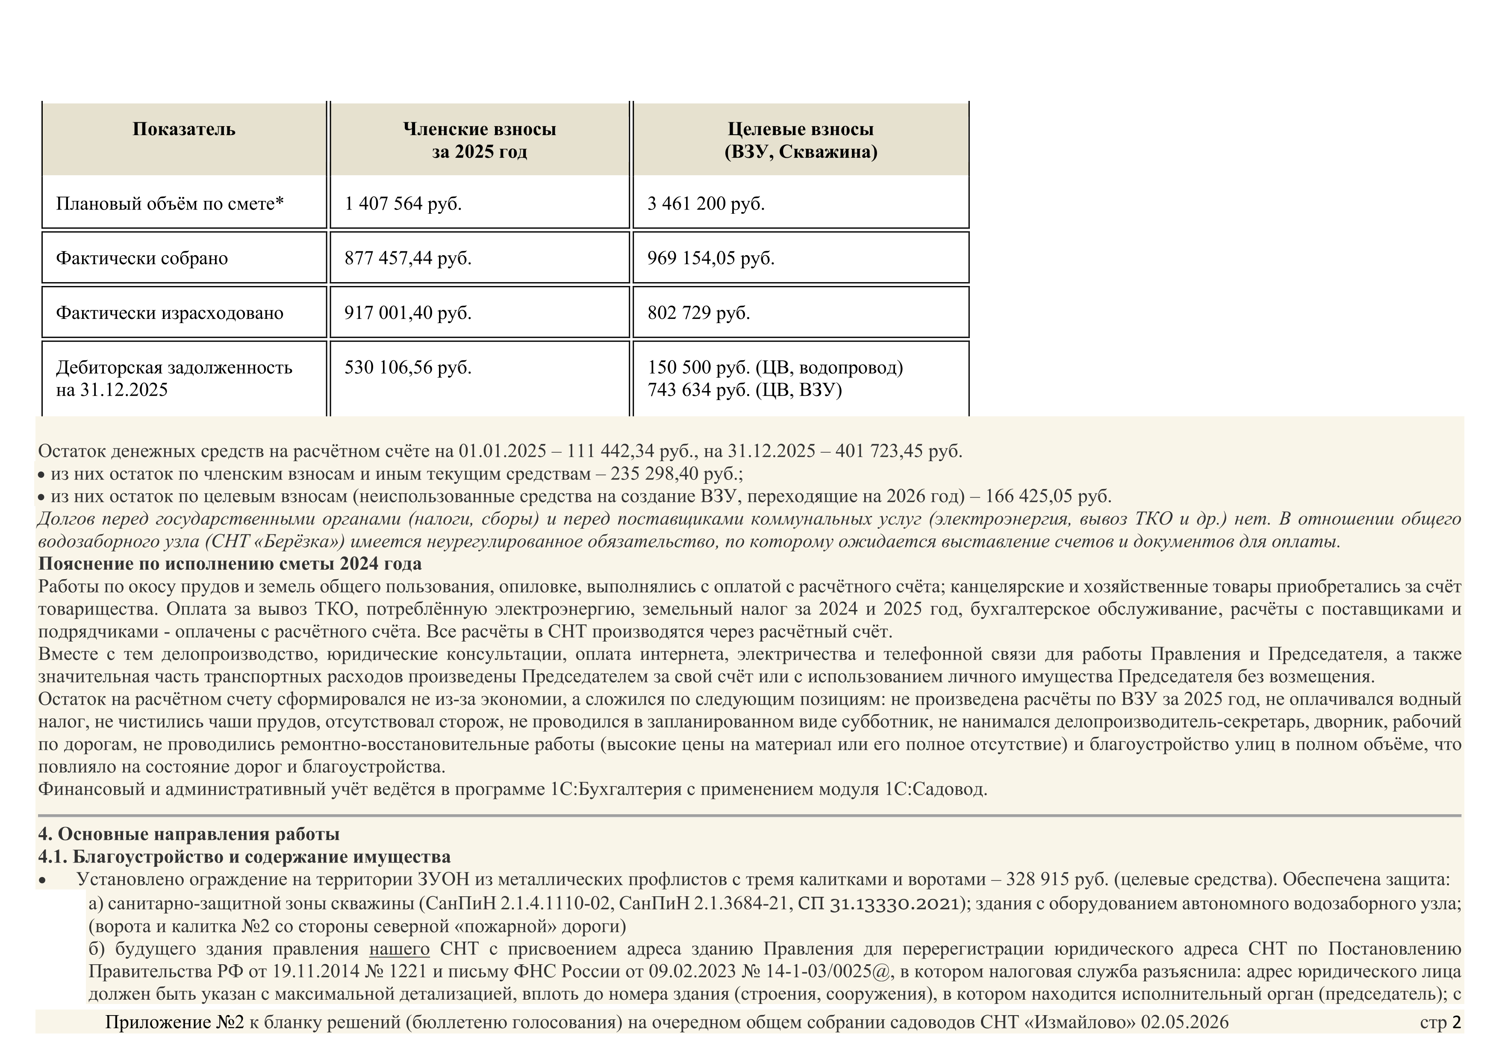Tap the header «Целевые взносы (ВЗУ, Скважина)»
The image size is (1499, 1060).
pos(801,140)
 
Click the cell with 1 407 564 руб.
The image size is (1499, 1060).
pos(403,203)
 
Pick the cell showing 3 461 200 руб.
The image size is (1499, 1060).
pos(706,203)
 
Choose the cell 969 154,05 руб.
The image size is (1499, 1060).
pos(710,259)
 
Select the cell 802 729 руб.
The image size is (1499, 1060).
pos(698,312)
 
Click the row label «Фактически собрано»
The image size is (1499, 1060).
pos(141,259)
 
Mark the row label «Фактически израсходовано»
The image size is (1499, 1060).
pos(170,312)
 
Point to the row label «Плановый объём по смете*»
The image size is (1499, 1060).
pos(170,203)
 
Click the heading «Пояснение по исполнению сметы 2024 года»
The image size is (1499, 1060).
pos(230,563)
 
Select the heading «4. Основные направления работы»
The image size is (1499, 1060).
pos(188,834)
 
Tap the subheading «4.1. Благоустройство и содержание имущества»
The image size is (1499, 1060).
pos(244,857)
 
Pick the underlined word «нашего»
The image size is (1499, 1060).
pos(399,949)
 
